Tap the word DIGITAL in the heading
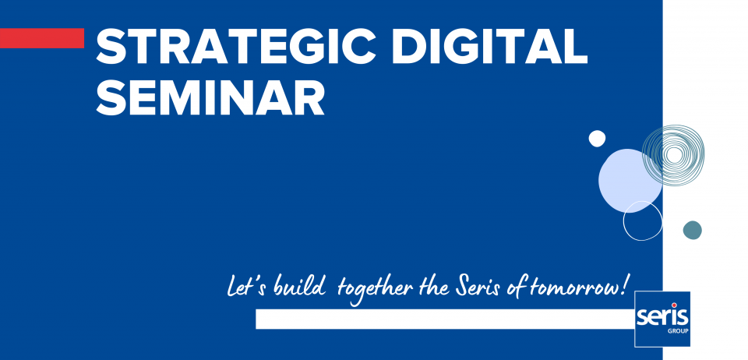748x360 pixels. point(492,45)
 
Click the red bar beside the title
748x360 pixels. point(42,38)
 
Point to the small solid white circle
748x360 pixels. point(597,138)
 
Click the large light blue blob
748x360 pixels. point(630,180)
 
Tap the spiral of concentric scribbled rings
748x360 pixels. point(673,155)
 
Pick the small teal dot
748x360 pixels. point(692,230)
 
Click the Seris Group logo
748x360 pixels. point(662,319)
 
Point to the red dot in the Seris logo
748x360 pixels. point(675,305)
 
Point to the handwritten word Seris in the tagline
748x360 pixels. point(478,288)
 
